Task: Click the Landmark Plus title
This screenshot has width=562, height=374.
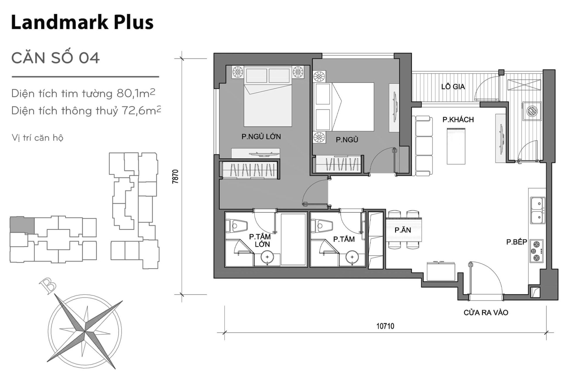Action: pyautogui.click(x=82, y=22)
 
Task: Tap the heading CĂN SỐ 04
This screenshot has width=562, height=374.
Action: pyautogui.click(x=56, y=58)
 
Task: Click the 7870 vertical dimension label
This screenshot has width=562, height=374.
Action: pyautogui.click(x=175, y=176)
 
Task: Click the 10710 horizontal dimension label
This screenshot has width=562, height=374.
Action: pyautogui.click(x=385, y=326)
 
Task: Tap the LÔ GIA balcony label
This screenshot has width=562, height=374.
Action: pyautogui.click(x=453, y=87)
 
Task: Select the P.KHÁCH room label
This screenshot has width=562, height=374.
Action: pyautogui.click(x=458, y=120)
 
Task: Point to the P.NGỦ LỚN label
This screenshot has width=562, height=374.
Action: pyautogui.click(x=261, y=136)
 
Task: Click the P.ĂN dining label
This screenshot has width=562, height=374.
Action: pyautogui.click(x=402, y=230)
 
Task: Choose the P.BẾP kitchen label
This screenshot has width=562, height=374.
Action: pyautogui.click(x=517, y=242)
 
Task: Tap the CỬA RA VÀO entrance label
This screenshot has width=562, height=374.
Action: pyautogui.click(x=486, y=313)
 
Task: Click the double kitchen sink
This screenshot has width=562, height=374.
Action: pyautogui.click(x=537, y=210)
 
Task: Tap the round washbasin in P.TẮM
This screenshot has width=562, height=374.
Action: pyautogui.click(x=352, y=257)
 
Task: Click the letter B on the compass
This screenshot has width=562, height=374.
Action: pyautogui.click(x=48, y=285)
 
